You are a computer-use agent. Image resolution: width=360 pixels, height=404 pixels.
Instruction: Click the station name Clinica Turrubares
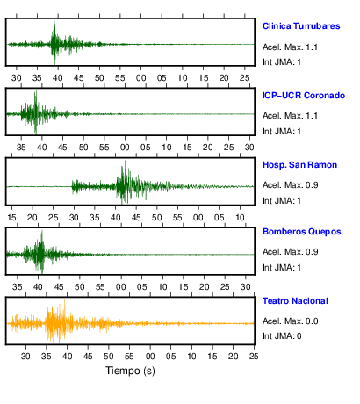(x=301, y=26)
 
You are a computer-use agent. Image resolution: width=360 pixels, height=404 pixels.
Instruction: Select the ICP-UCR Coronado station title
(x=304, y=96)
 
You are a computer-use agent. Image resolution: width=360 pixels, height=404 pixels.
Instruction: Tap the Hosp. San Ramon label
(x=299, y=165)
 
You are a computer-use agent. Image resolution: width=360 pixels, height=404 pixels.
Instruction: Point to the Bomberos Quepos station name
(x=302, y=232)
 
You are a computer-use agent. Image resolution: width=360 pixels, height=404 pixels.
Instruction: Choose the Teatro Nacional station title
(x=295, y=301)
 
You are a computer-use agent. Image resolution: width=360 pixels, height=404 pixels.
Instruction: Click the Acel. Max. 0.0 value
(x=290, y=321)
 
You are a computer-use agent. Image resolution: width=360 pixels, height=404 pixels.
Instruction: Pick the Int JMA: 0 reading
(x=282, y=335)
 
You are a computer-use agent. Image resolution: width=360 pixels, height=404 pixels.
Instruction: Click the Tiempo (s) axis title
(x=130, y=371)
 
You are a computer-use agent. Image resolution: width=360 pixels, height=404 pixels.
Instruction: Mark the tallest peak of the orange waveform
(x=65, y=300)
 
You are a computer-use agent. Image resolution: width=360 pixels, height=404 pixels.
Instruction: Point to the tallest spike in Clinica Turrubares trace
(x=54, y=22)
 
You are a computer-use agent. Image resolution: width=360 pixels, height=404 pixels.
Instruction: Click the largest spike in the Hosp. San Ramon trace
(x=125, y=162)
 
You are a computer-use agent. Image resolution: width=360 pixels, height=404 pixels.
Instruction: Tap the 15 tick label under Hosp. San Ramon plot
(x=11, y=218)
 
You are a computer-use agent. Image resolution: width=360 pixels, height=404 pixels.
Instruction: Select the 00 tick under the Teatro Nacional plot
(x=150, y=357)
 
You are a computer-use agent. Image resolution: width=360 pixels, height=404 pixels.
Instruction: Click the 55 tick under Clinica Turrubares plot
(x=120, y=78)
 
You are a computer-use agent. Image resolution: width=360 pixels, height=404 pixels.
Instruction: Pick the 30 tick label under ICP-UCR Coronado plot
(x=249, y=147)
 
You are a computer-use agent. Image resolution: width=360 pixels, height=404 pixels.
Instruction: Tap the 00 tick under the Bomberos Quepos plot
(x=121, y=287)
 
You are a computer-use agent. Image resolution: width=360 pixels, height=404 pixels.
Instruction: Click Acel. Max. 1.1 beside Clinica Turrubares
(x=290, y=47)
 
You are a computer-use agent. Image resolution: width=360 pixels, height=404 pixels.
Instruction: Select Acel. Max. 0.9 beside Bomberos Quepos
(x=290, y=252)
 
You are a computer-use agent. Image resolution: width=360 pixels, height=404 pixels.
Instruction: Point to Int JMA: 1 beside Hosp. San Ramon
(x=282, y=201)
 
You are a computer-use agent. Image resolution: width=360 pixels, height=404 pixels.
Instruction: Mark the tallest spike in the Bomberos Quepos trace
(x=42, y=231)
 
